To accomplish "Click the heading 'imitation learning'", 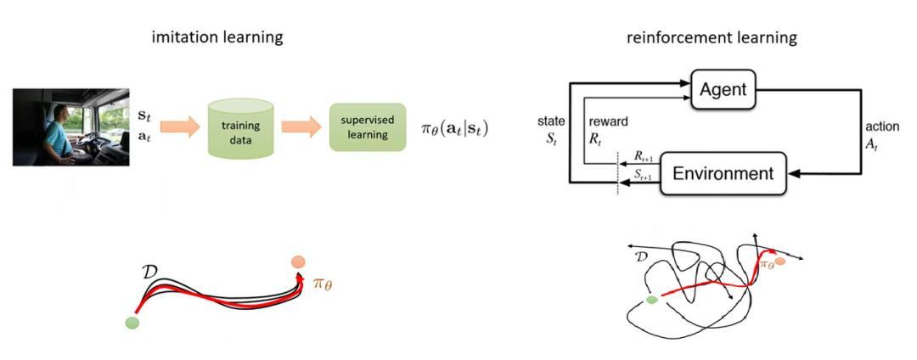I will click(x=217, y=37).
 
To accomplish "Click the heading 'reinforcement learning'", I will click(x=712, y=37).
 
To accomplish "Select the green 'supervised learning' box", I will click(x=367, y=127).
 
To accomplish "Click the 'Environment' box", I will click(x=723, y=174).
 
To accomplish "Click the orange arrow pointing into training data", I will click(x=177, y=127).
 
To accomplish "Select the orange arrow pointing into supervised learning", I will click(x=301, y=127).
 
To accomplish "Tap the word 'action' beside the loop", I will click(x=881, y=127).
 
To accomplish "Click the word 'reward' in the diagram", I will click(x=608, y=121).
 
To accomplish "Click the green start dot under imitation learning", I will click(x=131, y=322).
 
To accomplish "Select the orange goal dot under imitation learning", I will click(x=297, y=263).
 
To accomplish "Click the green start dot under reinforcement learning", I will click(x=652, y=300).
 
